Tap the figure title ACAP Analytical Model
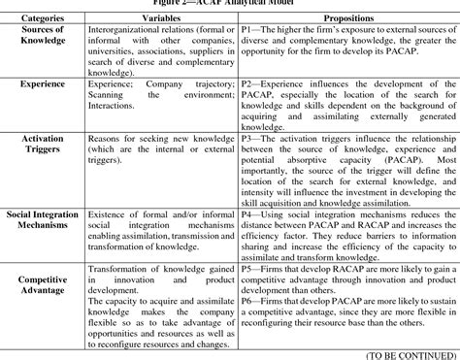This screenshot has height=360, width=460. point(230,4)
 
